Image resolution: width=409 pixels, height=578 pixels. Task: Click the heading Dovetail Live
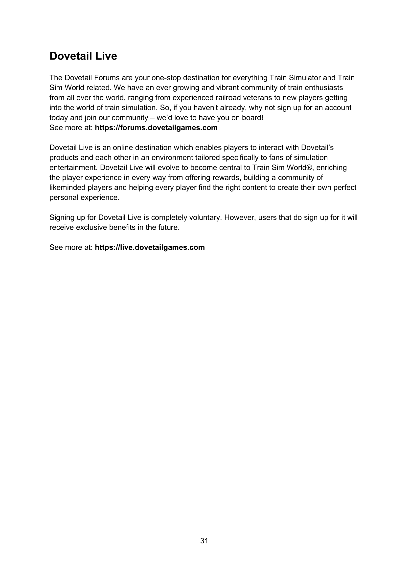pos(83,56)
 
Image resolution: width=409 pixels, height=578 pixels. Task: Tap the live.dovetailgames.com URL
pos(150,247)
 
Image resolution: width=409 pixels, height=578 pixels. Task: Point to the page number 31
pos(204,540)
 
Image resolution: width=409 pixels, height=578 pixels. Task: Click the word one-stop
pos(166,78)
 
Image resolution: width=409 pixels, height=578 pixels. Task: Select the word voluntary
pos(205,217)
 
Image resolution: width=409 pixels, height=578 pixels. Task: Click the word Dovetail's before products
pos(317,148)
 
